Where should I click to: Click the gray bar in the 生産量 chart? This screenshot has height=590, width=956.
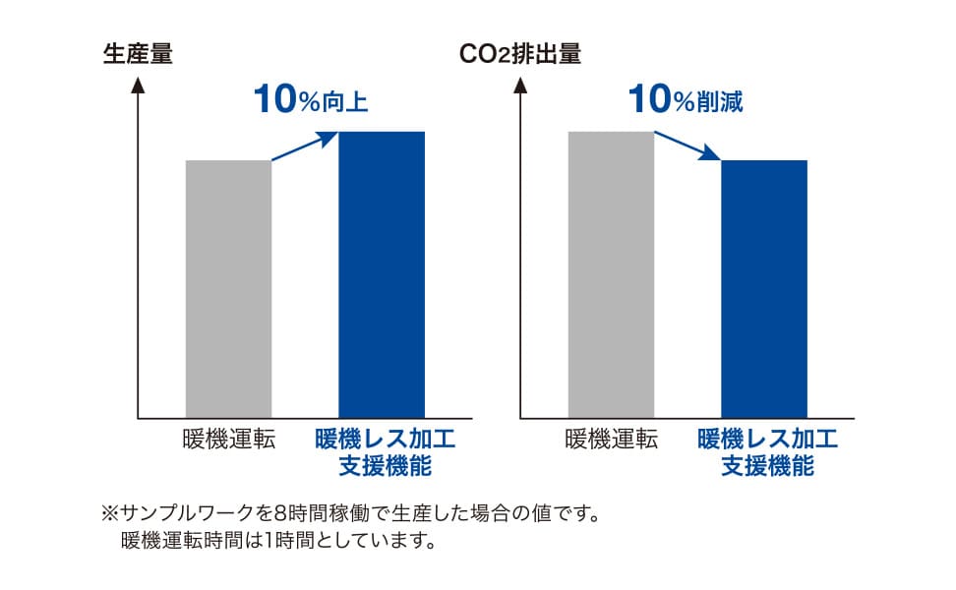pos(228,289)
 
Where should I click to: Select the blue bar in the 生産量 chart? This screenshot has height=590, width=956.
pos(382,274)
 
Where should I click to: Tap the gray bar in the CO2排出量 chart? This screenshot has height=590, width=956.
pos(611,274)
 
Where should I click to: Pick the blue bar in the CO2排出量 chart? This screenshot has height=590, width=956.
pos(764,289)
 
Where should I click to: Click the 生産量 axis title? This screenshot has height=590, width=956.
pos(138,54)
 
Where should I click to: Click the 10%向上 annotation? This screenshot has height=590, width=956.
pos(310,98)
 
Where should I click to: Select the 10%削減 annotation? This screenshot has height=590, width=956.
pos(685,98)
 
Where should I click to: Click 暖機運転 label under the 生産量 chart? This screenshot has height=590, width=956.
pos(228,440)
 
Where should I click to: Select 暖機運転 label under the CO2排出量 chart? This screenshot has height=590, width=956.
pos(611,440)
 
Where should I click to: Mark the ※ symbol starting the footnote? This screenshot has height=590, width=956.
pos(109,513)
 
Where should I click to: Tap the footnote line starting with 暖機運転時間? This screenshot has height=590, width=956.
pos(277,541)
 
